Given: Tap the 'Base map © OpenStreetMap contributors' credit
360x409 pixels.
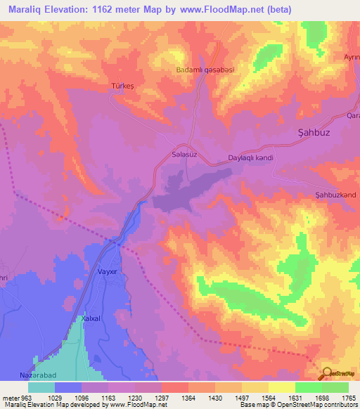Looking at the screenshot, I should coord(297,404).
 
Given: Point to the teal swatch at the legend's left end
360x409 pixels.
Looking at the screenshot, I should coord(41,388).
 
